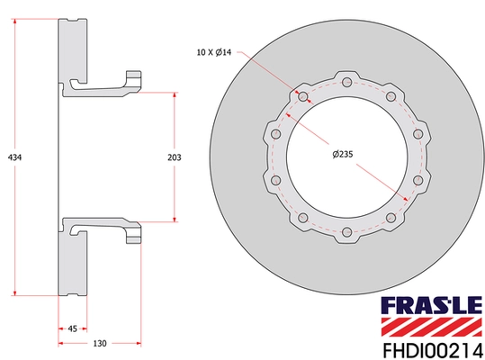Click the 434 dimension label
click(x=14, y=157)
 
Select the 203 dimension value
click(x=175, y=157)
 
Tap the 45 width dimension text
click(x=72, y=328)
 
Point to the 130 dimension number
click(x=99, y=344)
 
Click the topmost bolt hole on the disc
click(x=346, y=80)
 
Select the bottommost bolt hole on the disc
click(x=346, y=234)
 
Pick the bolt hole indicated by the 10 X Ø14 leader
click(x=301, y=95)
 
